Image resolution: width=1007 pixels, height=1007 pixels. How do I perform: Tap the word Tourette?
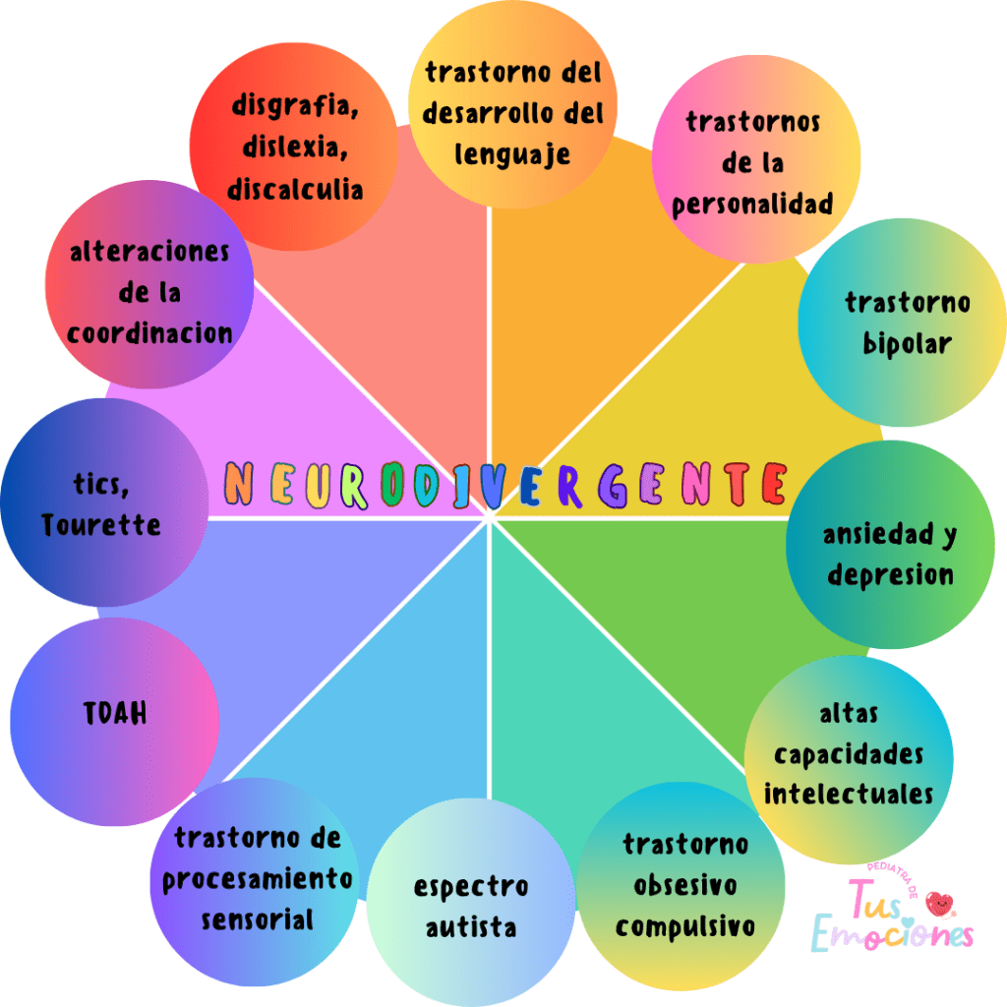click(x=101, y=524)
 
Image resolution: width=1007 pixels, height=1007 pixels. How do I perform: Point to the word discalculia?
click(x=295, y=189)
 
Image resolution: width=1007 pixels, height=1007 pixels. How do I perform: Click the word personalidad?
click(x=753, y=205)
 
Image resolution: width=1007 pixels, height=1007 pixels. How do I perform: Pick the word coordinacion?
click(x=149, y=332)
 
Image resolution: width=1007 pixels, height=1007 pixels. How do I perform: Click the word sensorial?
click(x=258, y=920)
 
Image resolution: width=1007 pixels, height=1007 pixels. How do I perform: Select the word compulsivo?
click(x=685, y=926)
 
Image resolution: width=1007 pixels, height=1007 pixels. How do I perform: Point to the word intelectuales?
click(x=849, y=794)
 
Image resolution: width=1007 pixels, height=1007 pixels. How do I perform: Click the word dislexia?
click(x=294, y=148)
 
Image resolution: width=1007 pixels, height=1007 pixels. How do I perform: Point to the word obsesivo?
click(x=685, y=886)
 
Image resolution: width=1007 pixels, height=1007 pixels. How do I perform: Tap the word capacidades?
click(x=849, y=754)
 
